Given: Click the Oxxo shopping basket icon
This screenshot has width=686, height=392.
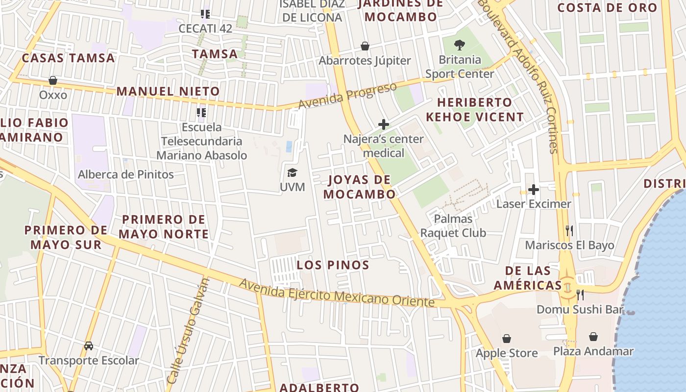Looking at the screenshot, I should tap(53, 80).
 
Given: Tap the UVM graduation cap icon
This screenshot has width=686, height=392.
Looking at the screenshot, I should tap(292, 172).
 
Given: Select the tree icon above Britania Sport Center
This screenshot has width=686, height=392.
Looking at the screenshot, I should tap(459, 45).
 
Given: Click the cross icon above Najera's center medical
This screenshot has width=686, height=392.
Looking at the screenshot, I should tap(383, 124).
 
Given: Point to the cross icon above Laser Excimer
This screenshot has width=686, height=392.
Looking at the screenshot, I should tap(534, 189).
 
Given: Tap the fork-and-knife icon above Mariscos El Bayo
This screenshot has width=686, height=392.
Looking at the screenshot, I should tap(569, 230).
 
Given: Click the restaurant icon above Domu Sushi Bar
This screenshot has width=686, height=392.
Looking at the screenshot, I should tap(580, 294).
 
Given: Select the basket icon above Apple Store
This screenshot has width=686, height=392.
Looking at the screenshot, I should tap(507, 339).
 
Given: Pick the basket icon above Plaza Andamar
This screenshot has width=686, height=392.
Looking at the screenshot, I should tap(593, 337).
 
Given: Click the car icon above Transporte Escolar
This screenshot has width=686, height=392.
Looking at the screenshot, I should tap(89, 346).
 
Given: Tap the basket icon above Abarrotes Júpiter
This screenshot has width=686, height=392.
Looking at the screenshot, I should tap(365, 46).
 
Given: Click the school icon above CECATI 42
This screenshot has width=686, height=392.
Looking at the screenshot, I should tap(205, 14).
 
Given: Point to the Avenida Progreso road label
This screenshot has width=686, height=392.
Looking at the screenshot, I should tap(347, 96).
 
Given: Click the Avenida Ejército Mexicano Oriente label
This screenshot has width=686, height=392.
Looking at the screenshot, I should tap(337, 293).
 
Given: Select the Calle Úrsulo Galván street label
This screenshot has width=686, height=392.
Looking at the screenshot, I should tap(188, 331).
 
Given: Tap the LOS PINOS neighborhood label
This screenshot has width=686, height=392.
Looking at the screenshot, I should tap(333, 265).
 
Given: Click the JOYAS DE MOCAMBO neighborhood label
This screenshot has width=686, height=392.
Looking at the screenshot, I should tap(360, 187).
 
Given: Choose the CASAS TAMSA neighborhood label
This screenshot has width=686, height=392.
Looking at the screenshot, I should tap(68, 58).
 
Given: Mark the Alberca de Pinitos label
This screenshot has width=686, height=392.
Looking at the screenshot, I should tap(126, 174).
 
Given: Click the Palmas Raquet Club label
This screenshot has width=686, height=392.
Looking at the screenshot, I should tap(453, 226).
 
